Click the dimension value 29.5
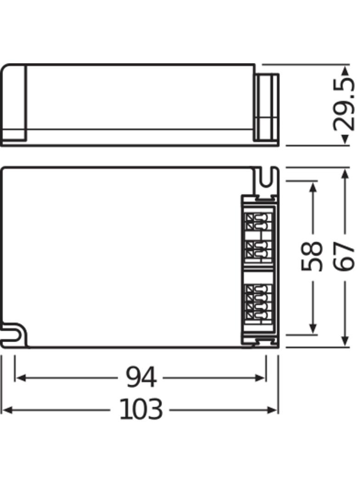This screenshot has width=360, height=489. pos(345,105)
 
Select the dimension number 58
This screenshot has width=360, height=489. pos(312,256)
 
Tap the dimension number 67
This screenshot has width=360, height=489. pos(345,256)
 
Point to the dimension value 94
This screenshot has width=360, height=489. pos(141,378)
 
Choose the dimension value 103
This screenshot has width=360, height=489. pos(141,410)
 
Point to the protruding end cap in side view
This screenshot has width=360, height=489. pos(267,107)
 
